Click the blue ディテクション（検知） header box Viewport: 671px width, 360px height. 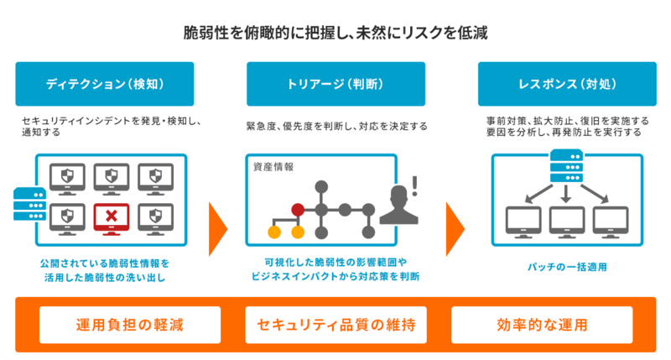point(104,84)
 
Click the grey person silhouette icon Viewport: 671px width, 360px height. point(398,206)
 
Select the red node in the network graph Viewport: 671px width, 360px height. point(298,209)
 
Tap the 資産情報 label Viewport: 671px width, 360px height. point(273,166)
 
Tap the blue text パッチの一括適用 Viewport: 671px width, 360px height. point(567,267)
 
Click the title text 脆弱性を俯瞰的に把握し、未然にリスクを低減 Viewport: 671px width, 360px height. point(335,34)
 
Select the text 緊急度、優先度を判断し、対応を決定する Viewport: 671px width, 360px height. point(336,127)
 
